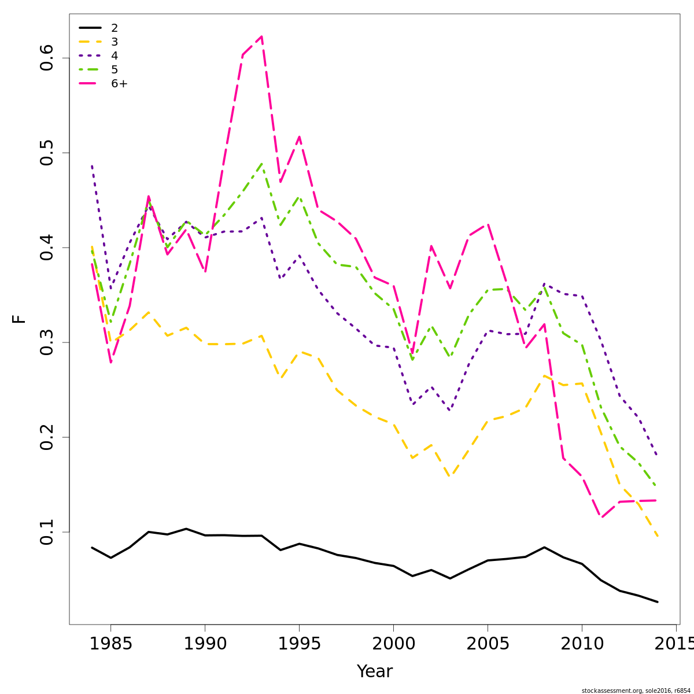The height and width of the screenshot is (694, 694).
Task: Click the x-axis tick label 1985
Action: pos(110,644)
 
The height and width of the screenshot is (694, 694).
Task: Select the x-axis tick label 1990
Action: pos(205,644)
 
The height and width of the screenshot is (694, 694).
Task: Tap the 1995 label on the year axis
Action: pos(299,644)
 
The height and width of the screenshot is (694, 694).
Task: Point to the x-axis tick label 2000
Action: pos(393,644)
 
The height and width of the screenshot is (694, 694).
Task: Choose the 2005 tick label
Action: pos(488,644)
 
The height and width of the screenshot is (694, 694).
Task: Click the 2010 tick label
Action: pos(582,644)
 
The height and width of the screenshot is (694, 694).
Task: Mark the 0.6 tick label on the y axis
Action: pos(47,58)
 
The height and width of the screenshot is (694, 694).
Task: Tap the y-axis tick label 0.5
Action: pos(47,153)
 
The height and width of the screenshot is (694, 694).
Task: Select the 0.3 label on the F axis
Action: pos(47,342)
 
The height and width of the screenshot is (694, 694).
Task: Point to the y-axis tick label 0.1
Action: pos(47,532)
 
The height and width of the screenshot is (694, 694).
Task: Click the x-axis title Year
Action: pos(375,671)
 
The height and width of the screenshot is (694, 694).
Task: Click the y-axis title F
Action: pos(20,319)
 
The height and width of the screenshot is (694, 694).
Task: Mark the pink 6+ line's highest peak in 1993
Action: pos(261,36)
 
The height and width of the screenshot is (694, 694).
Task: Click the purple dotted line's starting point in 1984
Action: pos(92,165)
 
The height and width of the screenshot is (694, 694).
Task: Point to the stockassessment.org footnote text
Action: pos(636,691)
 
